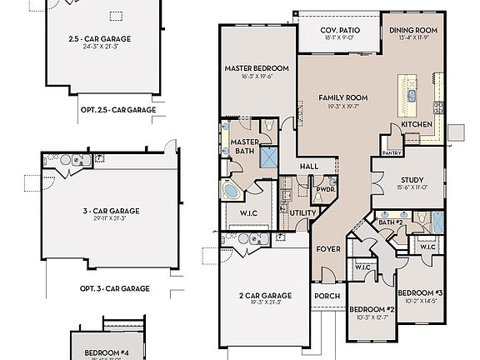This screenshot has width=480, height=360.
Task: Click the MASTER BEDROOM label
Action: click(257, 67)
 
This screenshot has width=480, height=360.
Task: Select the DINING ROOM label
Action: click(413, 31)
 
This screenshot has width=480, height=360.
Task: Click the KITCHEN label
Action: click(417, 124)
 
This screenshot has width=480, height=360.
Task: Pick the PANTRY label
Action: click(392, 153)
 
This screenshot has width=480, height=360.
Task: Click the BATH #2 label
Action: click(390, 222)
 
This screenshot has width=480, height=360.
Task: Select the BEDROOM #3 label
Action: click(419, 292)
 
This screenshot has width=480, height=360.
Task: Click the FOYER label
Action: click(327, 248)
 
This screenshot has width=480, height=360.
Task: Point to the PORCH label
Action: click(327, 295)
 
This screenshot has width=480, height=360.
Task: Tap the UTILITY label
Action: click(302, 213)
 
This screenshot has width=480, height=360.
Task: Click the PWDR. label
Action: click(324, 189)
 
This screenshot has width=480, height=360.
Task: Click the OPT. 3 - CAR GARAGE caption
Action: click(114, 288)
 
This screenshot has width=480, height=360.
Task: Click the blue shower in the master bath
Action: click(268, 156)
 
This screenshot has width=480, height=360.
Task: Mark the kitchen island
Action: click(409, 95)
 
